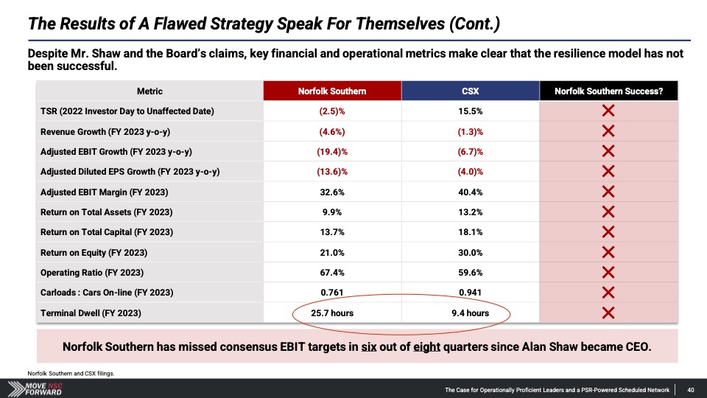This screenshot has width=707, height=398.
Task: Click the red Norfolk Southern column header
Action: (332, 91)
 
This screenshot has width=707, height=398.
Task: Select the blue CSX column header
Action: (471, 91)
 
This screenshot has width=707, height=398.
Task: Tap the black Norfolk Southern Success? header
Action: (609, 91)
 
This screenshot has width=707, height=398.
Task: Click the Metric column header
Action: (150, 91)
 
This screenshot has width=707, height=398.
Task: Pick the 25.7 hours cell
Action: (332, 313)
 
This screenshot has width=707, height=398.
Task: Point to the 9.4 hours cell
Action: (471, 313)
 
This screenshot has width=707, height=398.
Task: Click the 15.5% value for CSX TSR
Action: (471, 111)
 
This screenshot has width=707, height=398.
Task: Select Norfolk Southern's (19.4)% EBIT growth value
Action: (332, 152)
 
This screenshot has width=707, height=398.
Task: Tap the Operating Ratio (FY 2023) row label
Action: (92, 273)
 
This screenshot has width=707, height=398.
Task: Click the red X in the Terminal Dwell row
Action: (608, 313)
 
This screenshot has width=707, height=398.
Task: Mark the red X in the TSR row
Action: (608, 111)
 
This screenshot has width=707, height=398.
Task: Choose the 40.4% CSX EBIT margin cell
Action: (471, 192)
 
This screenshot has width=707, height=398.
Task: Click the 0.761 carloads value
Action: (332, 293)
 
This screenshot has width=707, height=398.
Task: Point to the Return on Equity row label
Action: (94, 253)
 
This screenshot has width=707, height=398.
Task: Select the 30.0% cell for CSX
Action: (471, 253)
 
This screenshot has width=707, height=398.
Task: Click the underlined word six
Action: (369, 347)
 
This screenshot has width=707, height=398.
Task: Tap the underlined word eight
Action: (426, 347)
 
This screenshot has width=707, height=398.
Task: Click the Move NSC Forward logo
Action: (35, 388)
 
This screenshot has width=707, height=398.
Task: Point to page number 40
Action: (691, 390)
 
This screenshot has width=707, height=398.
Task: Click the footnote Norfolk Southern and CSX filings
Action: (71, 373)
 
